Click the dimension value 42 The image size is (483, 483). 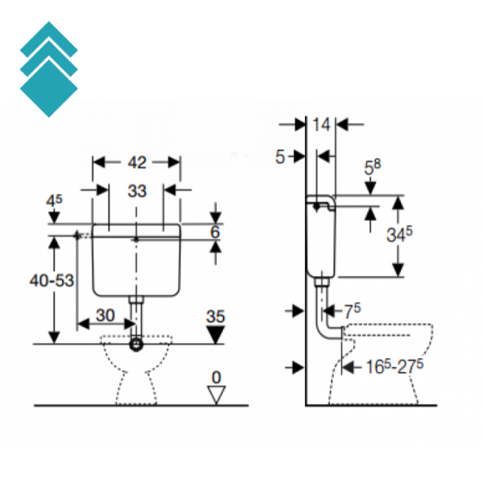click(x=137, y=163)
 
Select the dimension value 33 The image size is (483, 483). click(x=137, y=191)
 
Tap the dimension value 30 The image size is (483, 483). click(x=105, y=314)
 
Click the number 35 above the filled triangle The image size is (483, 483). click(x=215, y=316)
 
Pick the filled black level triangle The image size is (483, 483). click(x=215, y=334)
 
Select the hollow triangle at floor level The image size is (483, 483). click(x=215, y=393)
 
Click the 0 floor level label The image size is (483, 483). click(x=215, y=376)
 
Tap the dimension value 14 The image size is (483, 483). click(x=322, y=125)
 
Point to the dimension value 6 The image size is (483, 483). click(x=215, y=232)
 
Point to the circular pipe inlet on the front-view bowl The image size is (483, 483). click(x=137, y=345)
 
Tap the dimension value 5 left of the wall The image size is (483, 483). click(x=280, y=157)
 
